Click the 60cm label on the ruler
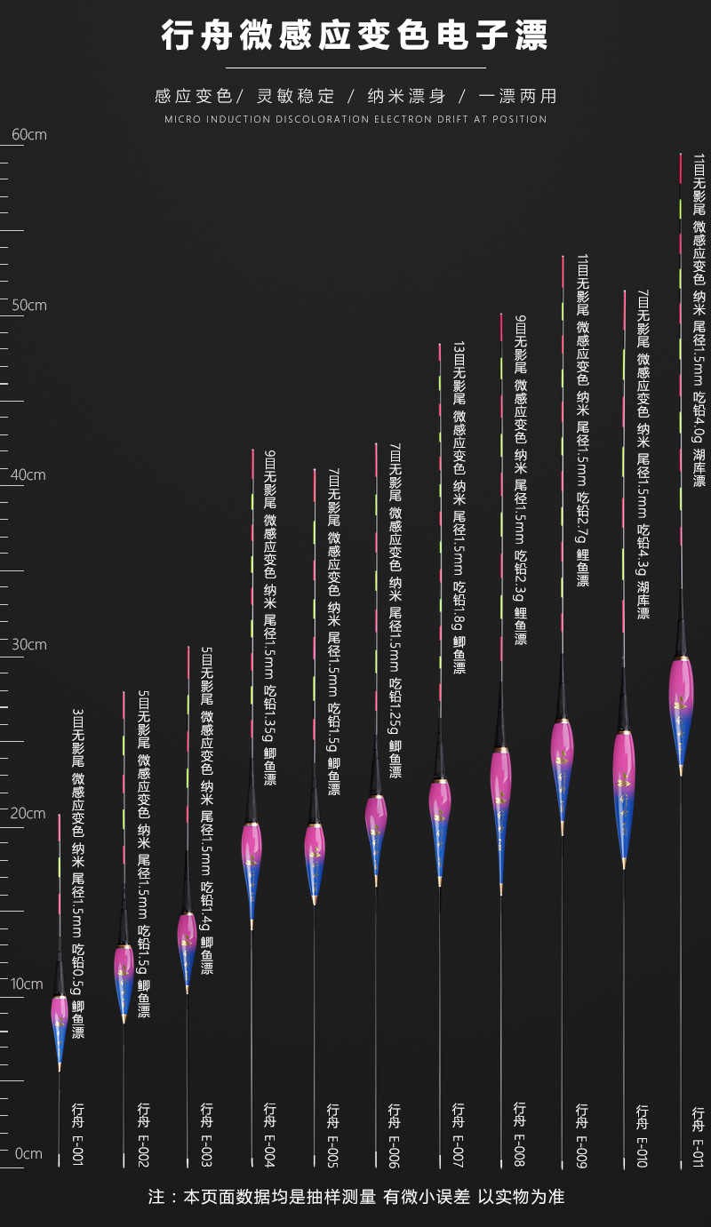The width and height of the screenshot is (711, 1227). (x=28, y=135)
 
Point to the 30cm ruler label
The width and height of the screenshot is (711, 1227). (x=28, y=644)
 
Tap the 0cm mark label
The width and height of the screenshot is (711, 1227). (x=28, y=1154)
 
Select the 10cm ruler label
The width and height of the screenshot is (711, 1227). (x=28, y=984)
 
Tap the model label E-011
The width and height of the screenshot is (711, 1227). (x=699, y=1135)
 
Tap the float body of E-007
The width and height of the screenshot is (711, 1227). (x=440, y=822)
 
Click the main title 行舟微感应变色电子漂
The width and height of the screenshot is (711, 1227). (x=355, y=36)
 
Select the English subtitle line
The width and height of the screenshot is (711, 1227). (x=355, y=119)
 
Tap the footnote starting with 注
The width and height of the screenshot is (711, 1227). (x=355, y=1198)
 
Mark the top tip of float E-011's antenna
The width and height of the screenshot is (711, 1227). (x=681, y=155)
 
